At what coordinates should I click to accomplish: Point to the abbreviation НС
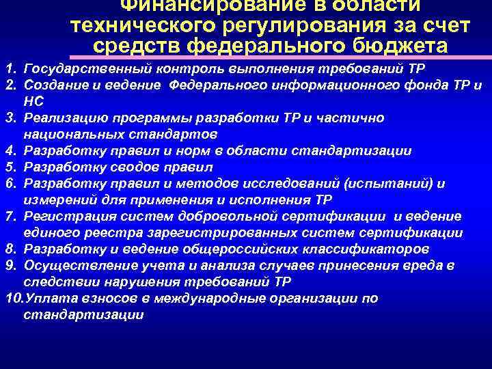click(x=33, y=102)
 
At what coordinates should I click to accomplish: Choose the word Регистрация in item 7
click(x=62, y=217)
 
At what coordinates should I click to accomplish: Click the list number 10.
click(x=12, y=299)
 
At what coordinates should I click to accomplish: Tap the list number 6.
click(x=8, y=183)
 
